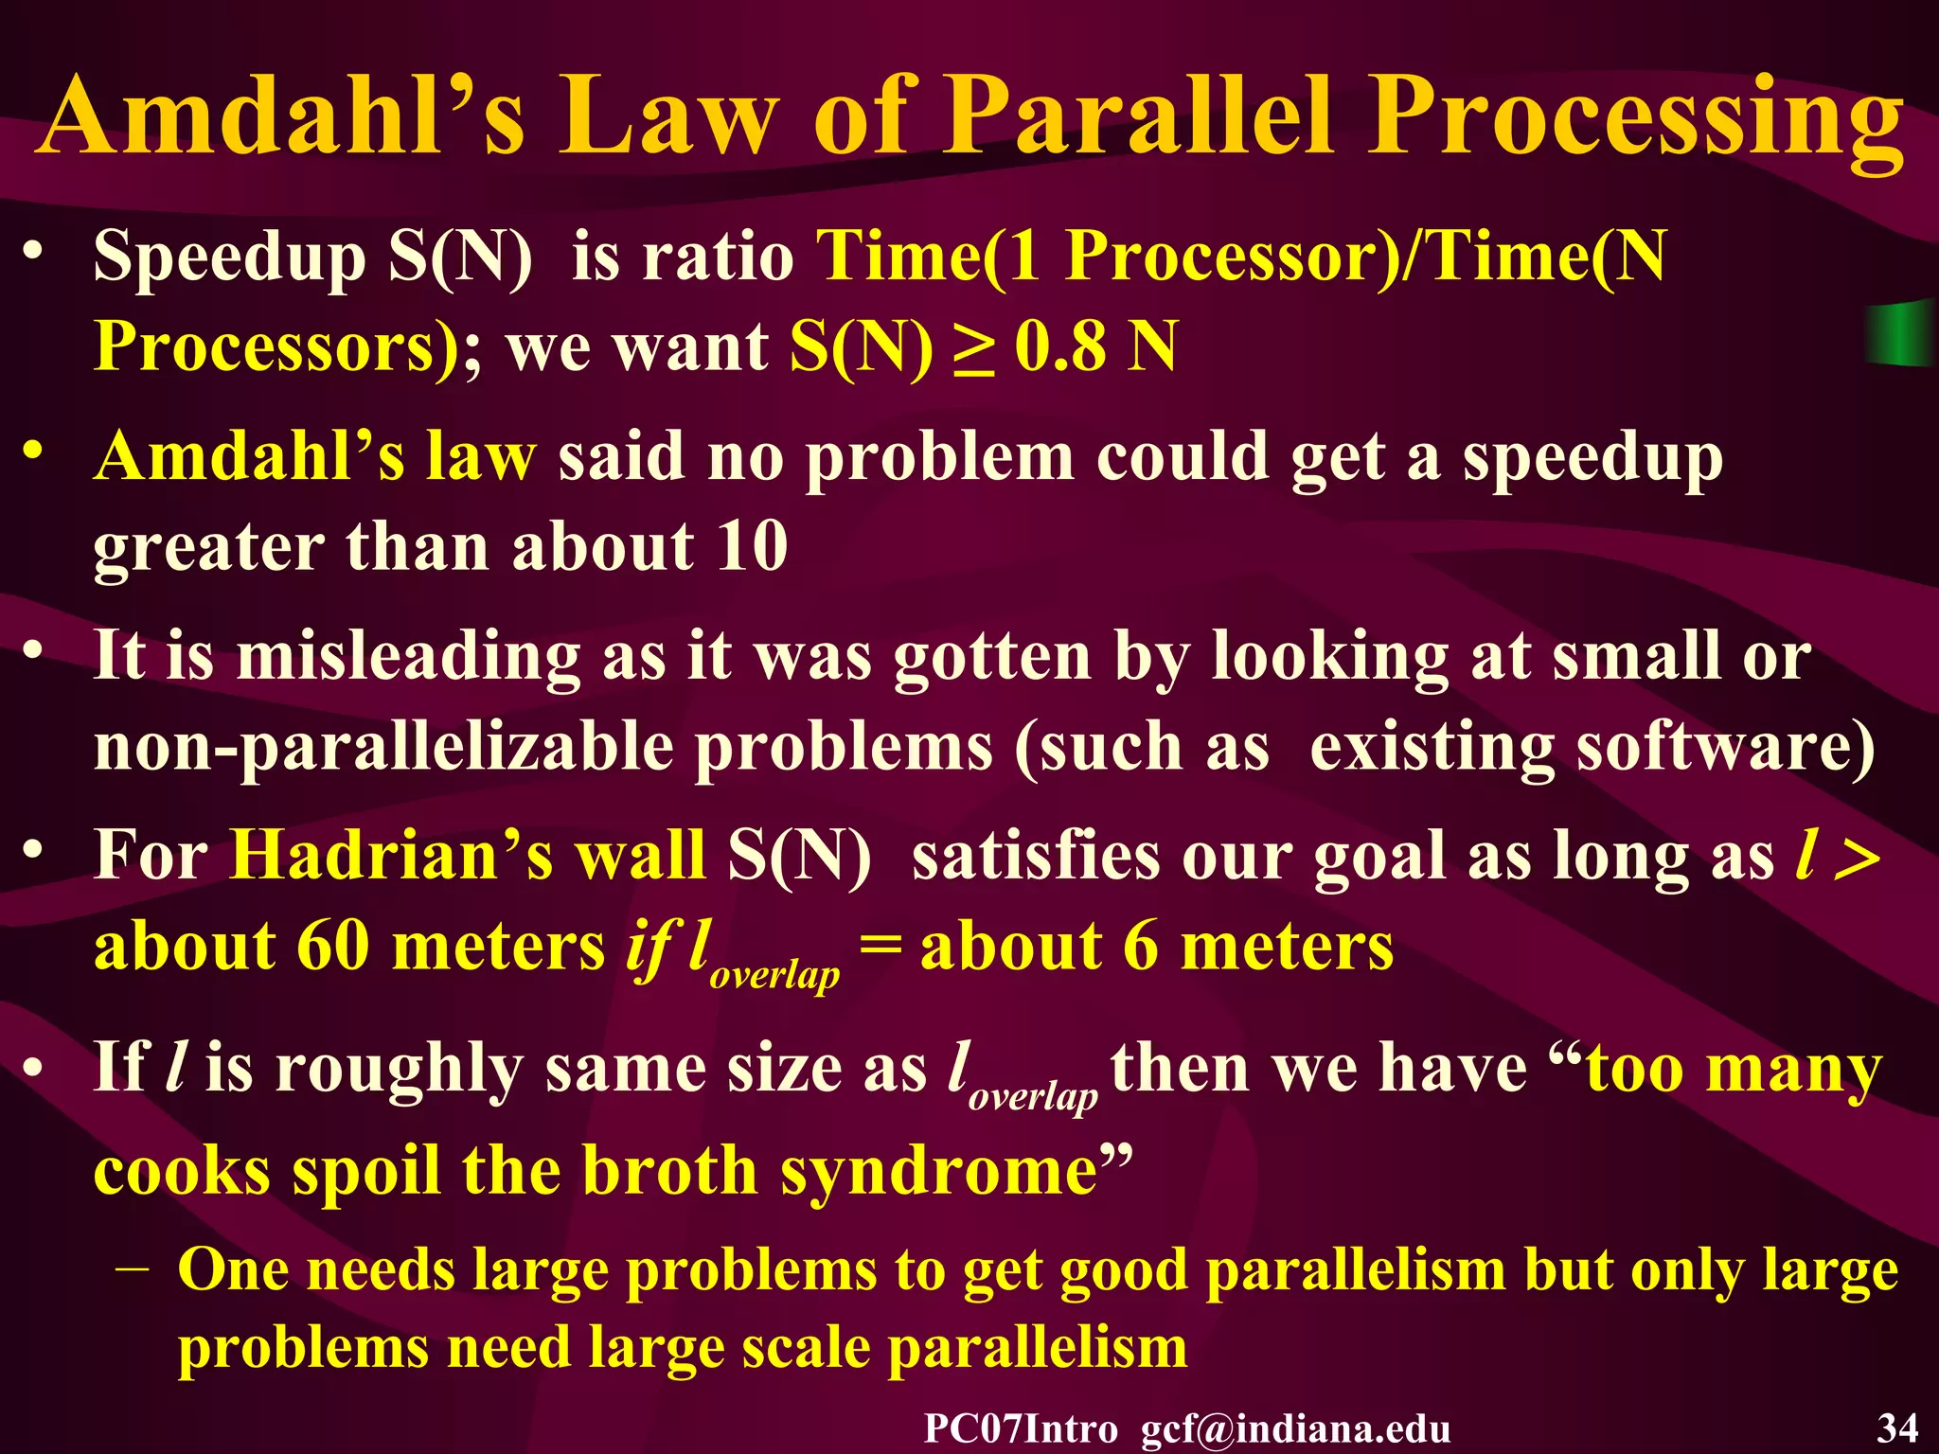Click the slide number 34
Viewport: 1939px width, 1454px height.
(x=1897, y=1427)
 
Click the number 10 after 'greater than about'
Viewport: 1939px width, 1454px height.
(x=752, y=546)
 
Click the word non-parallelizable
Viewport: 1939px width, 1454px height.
(x=383, y=749)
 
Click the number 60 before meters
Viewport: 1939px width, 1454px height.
(x=332, y=947)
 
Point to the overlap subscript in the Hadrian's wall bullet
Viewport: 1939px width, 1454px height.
(x=774, y=975)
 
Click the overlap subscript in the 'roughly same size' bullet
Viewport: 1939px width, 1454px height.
(x=1033, y=1095)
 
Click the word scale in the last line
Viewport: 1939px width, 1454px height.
(x=806, y=1348)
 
